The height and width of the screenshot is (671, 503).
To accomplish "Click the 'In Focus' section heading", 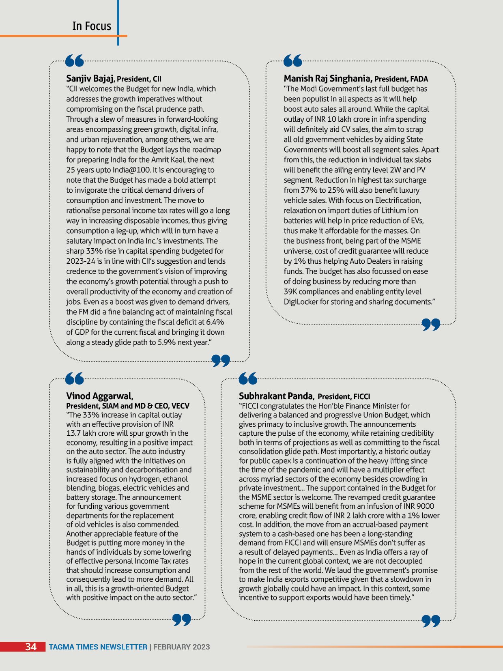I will point(92,26).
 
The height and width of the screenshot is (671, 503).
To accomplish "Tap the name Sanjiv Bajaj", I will point(90,78).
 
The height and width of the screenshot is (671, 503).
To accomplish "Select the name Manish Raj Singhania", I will point(327,78).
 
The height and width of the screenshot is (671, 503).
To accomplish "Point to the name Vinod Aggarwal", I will point(99,396).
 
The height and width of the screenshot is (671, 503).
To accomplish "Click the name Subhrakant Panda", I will point(276,396).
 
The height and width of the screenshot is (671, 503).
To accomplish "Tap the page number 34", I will point(31,647).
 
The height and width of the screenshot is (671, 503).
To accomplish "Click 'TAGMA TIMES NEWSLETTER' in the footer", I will point(98,647).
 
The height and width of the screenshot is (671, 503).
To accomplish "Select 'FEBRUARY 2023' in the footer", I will point(181,647).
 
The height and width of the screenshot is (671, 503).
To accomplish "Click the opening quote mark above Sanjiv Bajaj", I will point(74,61).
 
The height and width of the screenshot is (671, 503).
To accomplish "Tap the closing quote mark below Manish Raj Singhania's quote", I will point(431,324).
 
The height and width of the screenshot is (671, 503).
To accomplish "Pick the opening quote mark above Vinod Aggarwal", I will point(74,379).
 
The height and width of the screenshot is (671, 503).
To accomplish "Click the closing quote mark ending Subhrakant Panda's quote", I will point(431,621).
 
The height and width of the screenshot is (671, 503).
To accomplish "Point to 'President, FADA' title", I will point(401,79).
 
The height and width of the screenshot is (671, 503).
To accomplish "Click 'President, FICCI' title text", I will point(344,397).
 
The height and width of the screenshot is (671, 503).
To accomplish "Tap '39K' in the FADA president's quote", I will point(291,292).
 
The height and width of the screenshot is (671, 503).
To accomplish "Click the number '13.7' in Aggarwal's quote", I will point(73,433).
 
